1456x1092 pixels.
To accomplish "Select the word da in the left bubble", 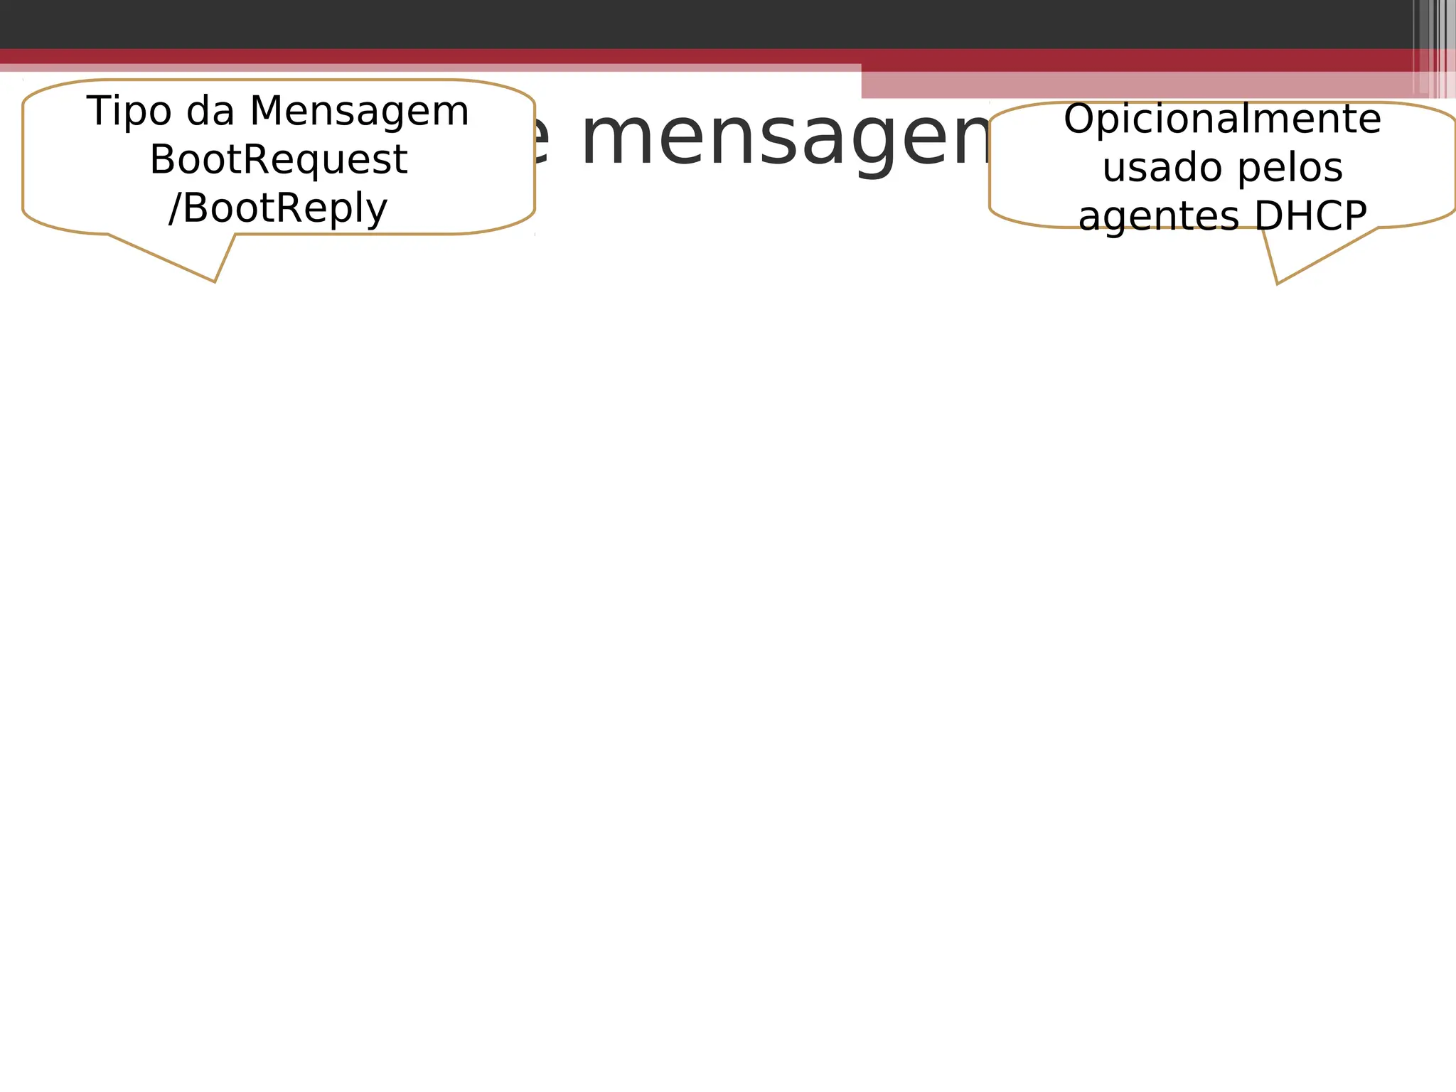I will (210, 112).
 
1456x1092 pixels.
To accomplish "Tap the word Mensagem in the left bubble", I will (360, 112).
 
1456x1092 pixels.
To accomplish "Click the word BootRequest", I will (278, 160).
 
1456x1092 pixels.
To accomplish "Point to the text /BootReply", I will (278, 208).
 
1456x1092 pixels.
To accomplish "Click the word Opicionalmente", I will (1222, 119).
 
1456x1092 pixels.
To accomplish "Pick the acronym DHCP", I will (1311, 215).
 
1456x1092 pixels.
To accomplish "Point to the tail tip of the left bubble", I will (215, 282).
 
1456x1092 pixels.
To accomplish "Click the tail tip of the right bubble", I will (1278, 284).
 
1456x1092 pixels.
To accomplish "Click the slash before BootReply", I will (174, 208).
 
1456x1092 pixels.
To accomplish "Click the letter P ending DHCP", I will (1355, 215).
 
